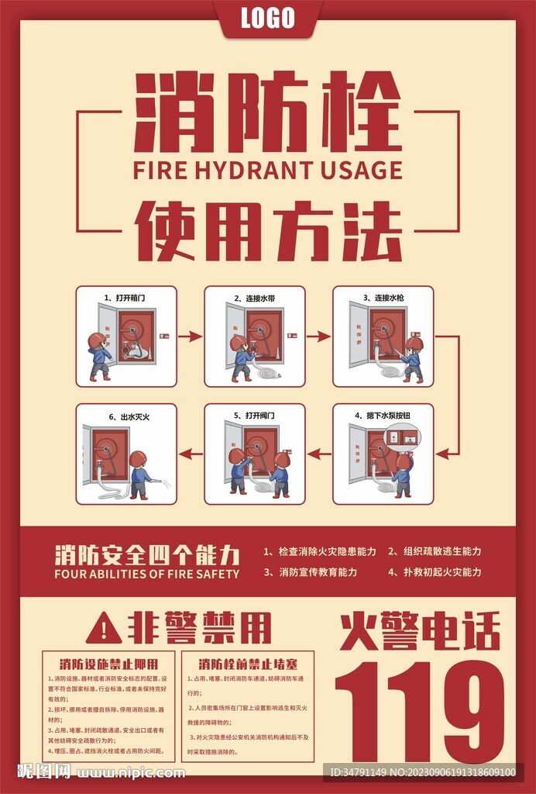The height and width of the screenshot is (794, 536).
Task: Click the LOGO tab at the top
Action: [x=268, y=18]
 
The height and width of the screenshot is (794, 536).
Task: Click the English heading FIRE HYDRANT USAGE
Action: [x=268, y=170]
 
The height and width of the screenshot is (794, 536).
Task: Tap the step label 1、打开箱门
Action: [x=125, y=298]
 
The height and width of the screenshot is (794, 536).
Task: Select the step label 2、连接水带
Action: [x=254, y=298]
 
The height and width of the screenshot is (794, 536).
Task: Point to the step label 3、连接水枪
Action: [x=383, y=298]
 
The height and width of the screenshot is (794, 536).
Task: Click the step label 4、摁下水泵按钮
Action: [x=383, y=416]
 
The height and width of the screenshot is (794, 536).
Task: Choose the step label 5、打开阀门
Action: [x=254, y=416]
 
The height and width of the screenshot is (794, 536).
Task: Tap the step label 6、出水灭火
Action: [x=125, y=416]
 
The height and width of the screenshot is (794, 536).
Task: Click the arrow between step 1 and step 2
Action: [x=190, y=337]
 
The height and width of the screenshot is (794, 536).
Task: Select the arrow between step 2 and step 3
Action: [x=318, y=337]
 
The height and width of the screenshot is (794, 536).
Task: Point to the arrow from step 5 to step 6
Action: [x=190, y=454]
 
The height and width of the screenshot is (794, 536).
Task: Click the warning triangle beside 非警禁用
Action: [x=103, y=627]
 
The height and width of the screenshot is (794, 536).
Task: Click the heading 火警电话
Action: [x=419, y=630]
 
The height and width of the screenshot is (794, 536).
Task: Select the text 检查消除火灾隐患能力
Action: [x=319, y=551]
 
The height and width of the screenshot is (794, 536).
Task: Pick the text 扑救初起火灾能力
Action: [x=435, y=572]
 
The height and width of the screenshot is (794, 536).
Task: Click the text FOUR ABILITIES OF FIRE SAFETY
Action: [x=146, y=575]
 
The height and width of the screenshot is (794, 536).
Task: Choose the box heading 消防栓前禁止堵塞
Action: [x=246, y=664]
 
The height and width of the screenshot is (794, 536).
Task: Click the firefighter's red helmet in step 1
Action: [x=96, y=340]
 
